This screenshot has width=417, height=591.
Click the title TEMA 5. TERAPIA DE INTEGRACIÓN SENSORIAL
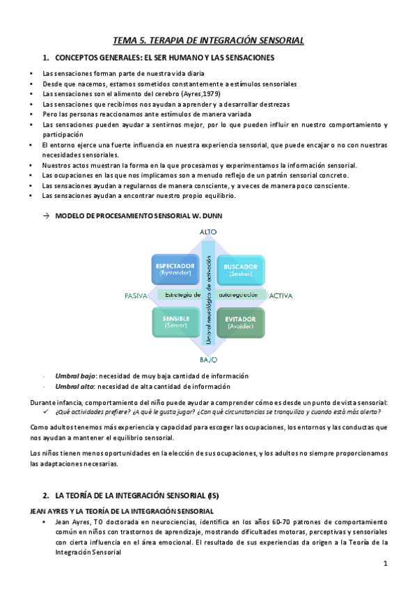[209, 41]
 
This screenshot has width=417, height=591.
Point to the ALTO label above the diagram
[208, 231]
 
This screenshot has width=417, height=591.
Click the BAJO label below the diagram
[208, 360]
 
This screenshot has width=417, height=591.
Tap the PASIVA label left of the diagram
[136, 295]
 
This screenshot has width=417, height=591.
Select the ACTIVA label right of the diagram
[281, 295]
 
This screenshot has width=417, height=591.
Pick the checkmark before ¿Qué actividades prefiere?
[46, 411]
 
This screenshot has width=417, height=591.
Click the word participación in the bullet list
[61, 135]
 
